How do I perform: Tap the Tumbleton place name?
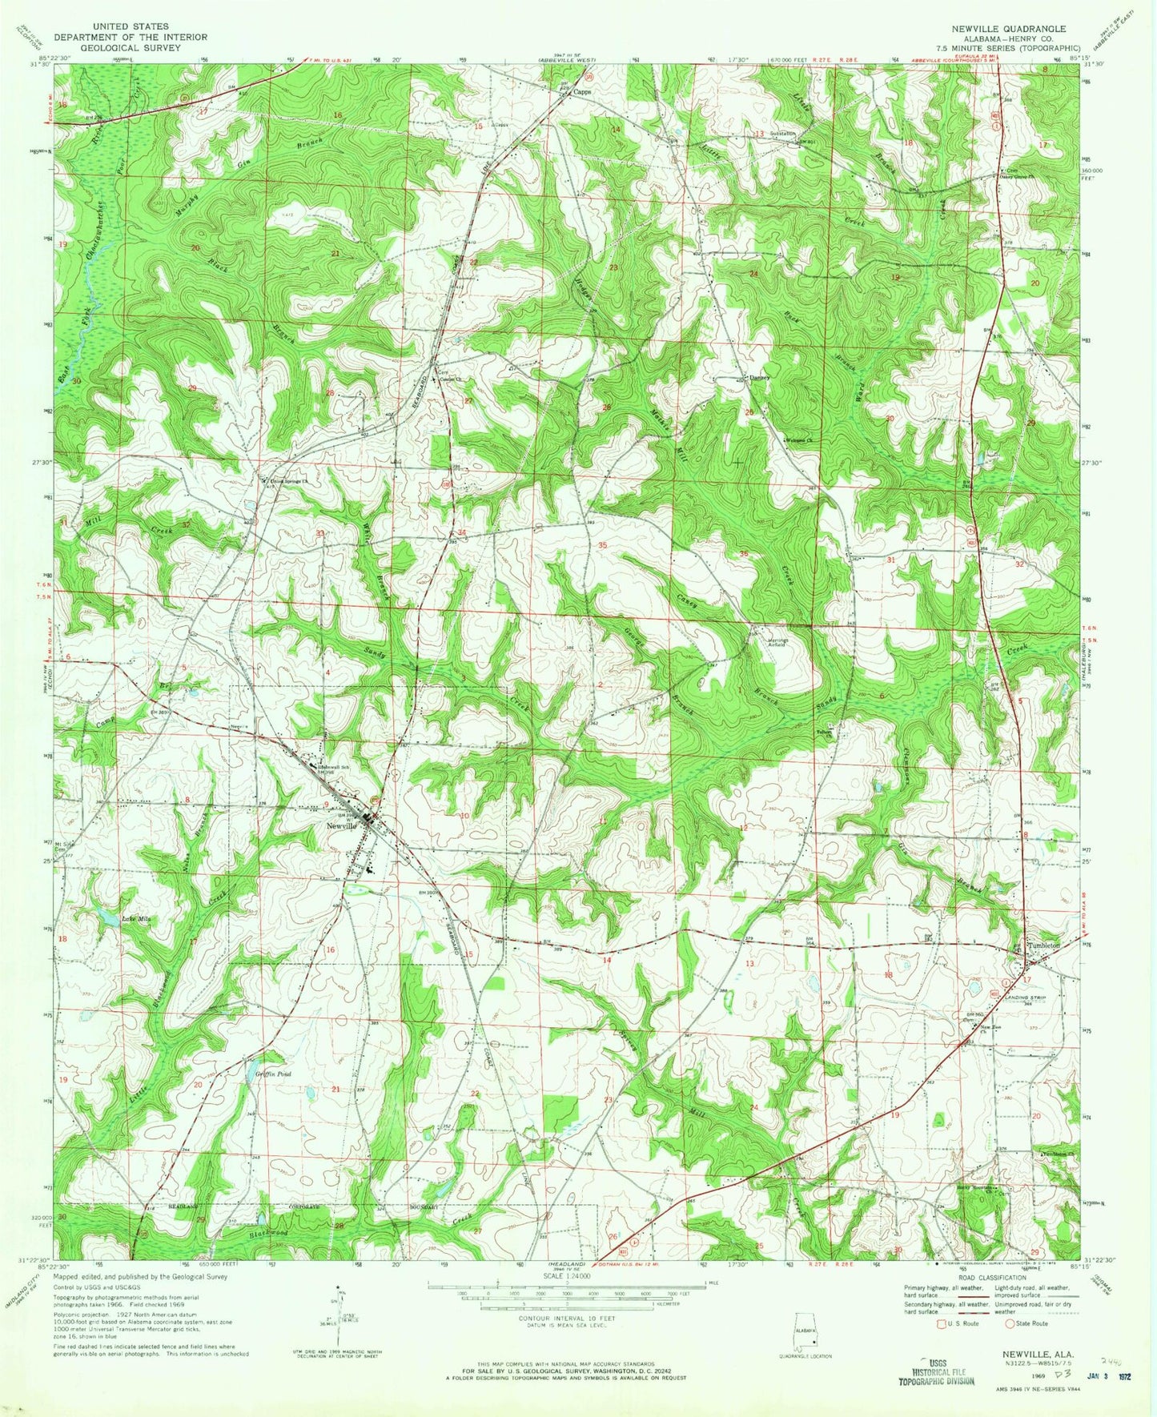(1043, 945)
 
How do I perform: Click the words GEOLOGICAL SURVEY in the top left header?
(130, 48)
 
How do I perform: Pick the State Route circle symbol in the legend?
(1010, 1323)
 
